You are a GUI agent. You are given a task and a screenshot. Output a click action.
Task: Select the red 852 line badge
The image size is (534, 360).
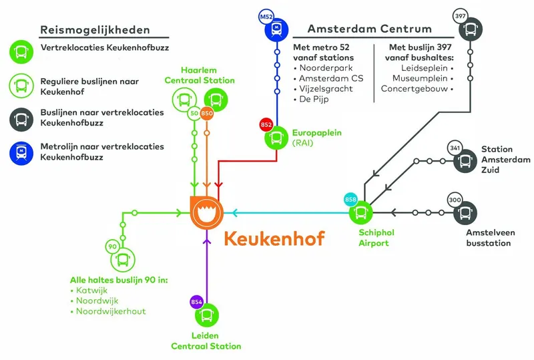pos(266,125)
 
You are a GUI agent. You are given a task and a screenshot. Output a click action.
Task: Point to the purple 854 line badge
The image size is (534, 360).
pos(196,301)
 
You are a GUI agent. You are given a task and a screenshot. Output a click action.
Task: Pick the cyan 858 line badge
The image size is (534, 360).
pos(350,200)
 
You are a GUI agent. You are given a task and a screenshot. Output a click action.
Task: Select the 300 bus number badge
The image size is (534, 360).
pos(455,200)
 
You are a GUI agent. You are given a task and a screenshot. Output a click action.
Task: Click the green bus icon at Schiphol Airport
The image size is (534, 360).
pos(361,213)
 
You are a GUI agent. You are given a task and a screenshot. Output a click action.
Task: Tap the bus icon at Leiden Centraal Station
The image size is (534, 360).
pos(207,314)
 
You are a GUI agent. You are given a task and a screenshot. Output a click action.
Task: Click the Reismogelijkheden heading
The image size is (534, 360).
pos(95,30)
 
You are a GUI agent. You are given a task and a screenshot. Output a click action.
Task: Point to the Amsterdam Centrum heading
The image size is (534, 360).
pos(369,29)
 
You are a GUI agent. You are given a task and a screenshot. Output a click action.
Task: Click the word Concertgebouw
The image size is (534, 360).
pos(414,89)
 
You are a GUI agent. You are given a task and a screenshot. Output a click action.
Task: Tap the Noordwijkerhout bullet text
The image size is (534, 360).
pos(111,311)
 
